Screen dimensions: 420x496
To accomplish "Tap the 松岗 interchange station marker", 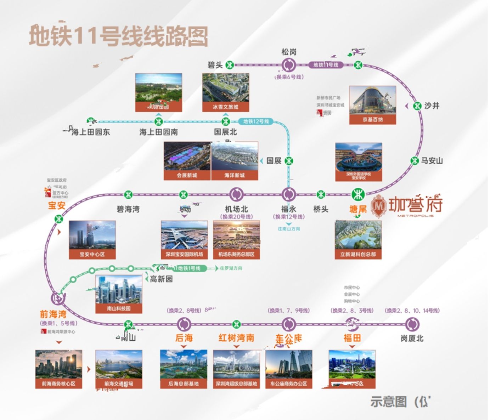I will pyautogui.click(x=288, y=65).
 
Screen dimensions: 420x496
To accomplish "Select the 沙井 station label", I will pyautogui.click(x=432, y=106).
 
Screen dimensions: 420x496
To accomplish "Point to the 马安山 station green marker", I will pyautogui.click(x=415, y=160).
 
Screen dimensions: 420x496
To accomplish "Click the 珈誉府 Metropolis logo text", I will pyautogui.click(x=415, y=205).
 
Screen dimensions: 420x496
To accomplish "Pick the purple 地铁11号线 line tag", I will pyautogui.click(x=326, y=65).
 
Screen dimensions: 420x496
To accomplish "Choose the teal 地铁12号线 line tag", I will pyautogui.click(x=256, y=121).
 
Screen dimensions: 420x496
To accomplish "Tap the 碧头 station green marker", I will pyautogui.click(x=230, y=65).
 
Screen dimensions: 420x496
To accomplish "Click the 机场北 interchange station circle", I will pyautogui.click(x=236, y=194).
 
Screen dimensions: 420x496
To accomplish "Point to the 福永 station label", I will pyautogui.click(x=288, y=209).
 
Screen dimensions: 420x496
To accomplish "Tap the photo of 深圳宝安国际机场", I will pyautogui.click(x=184, y=240).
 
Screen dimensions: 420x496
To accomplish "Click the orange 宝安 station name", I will pyautogui.click(x=57, y=205).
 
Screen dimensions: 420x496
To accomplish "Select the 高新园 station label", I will pyautogui.click(x=161, y=279).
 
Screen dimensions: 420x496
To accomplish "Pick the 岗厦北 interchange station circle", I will pyautogui.click(x=412, y=324).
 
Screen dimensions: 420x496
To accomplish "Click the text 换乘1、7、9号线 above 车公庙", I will pyautogui.click(x=288, y=311).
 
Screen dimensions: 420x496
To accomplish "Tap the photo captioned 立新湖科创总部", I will pyautogui.click(x=358, y=240).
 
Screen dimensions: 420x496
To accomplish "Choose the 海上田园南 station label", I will pyautogui.click(x=158, y=132).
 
